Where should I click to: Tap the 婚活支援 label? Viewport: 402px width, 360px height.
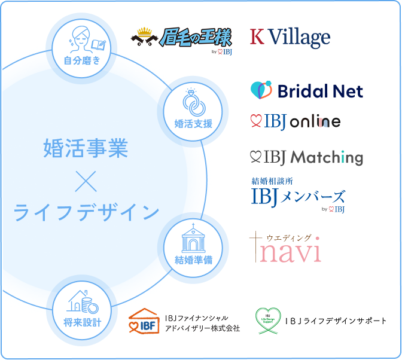[193, 124]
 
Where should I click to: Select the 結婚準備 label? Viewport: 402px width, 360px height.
[193, 260]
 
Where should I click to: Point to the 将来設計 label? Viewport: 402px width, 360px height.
[83, 323]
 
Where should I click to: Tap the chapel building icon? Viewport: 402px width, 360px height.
[193, 239]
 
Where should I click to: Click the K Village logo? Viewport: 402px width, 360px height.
[290, 38]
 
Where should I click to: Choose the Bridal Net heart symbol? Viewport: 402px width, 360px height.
[261, 90]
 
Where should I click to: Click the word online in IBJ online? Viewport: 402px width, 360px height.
[315, 122]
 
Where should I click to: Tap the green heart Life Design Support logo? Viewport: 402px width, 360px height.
[268, 321]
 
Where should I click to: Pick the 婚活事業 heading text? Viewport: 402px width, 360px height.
[86, 148]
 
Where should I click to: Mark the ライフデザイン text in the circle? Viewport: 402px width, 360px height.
[86, 212]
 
